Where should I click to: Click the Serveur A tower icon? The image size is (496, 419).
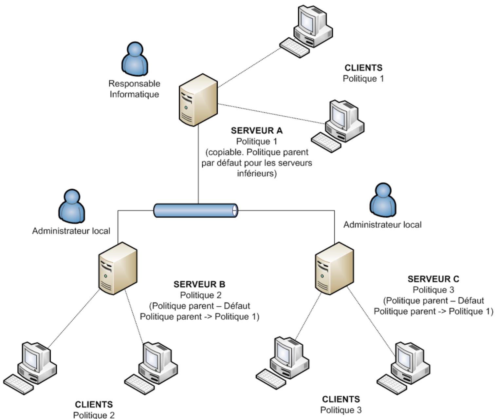click(x=198, y=100)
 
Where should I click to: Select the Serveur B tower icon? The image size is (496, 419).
click(x=118, y=268)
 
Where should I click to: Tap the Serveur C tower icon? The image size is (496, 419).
click(x=334, y=268)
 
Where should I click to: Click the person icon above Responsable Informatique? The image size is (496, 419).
click(x=135, y=59)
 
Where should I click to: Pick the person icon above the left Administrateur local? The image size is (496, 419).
click(x=72, y=206)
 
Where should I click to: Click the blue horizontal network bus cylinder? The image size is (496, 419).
click(x=195, y=210)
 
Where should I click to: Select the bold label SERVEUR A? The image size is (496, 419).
click(x=256, y=130)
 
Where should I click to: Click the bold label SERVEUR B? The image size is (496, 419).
click(x=199, y=284)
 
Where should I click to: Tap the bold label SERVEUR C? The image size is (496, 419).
click(x=433, y=279)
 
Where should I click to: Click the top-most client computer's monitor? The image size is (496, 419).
click(x=308, y=20)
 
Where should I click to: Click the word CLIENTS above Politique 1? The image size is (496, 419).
click(x=363, y=68)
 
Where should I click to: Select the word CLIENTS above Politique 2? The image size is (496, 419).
click(x=94, y=405)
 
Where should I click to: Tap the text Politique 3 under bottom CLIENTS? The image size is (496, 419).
click(x=341, y=410)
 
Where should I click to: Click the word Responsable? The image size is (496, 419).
click(x=134, y=84)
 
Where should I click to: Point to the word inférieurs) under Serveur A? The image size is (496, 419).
click(x=257, y=173)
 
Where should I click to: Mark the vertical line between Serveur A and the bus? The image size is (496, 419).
click(x=198, y=164)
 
